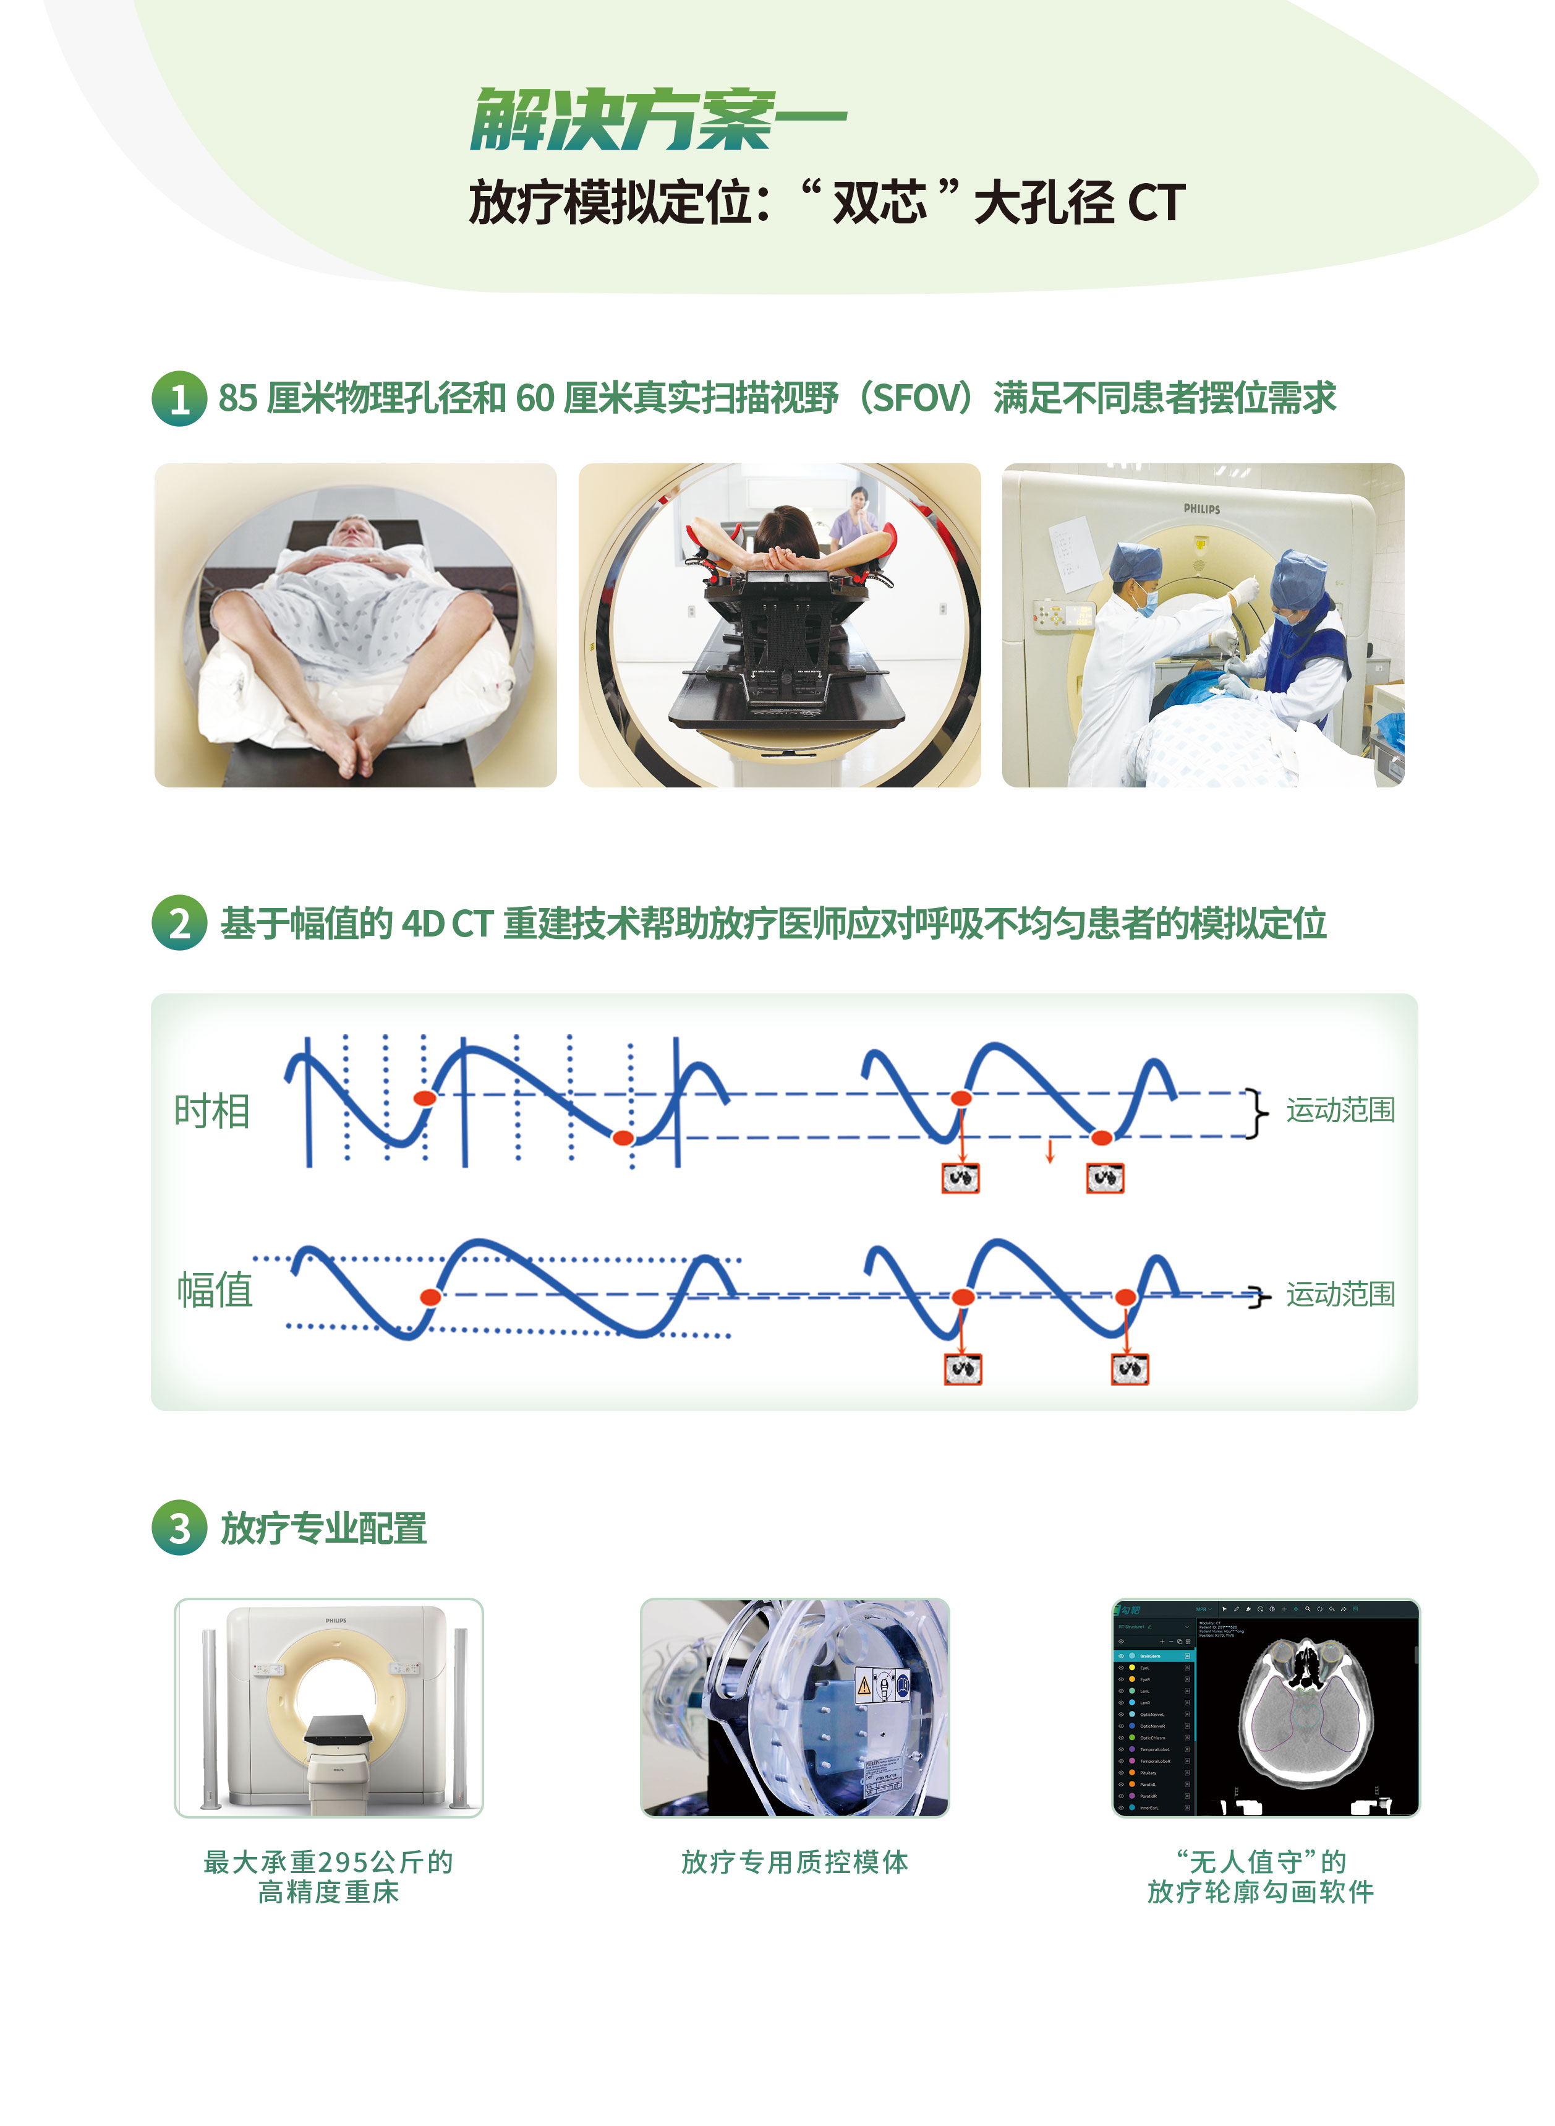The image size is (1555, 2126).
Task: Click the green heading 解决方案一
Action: click(x=657, y=121)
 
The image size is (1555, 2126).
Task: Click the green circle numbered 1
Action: click(x=179, y=399)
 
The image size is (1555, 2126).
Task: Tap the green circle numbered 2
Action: click(x=179, y=923)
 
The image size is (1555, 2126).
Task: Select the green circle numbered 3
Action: click(x=179, y=1527)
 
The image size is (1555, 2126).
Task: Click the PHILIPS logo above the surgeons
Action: click(x=1201, y=508)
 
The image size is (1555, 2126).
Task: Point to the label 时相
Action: click(x=212, y=1111)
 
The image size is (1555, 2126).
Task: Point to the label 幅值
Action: click(x=215, y=1290)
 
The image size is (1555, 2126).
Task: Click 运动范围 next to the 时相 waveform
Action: click(x=1340, y=1110)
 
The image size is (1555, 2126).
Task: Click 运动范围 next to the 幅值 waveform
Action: click(x=1340, y=1295)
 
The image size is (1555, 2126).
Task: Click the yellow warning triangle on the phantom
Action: click(x=863, y=1686)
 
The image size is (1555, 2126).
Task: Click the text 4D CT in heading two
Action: click(x=446, y=924)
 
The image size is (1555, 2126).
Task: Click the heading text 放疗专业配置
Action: click(x=324, y=1528)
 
